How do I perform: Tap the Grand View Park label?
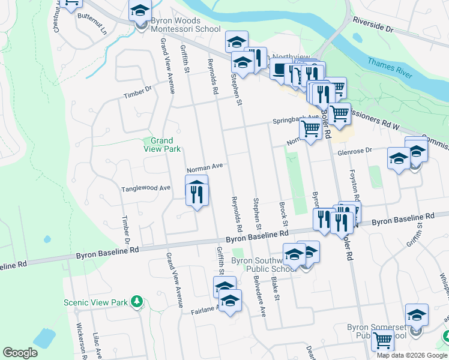[x=162, y=145]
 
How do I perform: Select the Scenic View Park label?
[x=96, y=302]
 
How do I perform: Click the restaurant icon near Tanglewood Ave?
[x=197, y=193]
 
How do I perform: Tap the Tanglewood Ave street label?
[x=146, y=188]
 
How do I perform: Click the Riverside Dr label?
[x=372, y=28]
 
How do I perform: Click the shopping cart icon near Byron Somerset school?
[x=382, y=340]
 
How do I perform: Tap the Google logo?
[x=20, y=353]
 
